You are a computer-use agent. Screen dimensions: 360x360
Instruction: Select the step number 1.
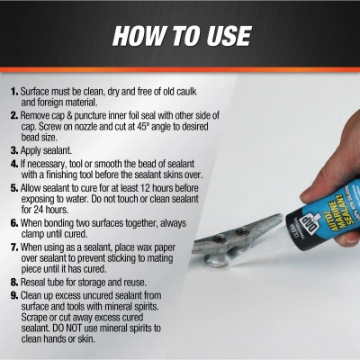(x=13, y=92)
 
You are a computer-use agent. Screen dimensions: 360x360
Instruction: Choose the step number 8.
(x=13, y=283)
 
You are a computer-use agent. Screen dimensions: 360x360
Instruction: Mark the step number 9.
(x=13, y=296)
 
